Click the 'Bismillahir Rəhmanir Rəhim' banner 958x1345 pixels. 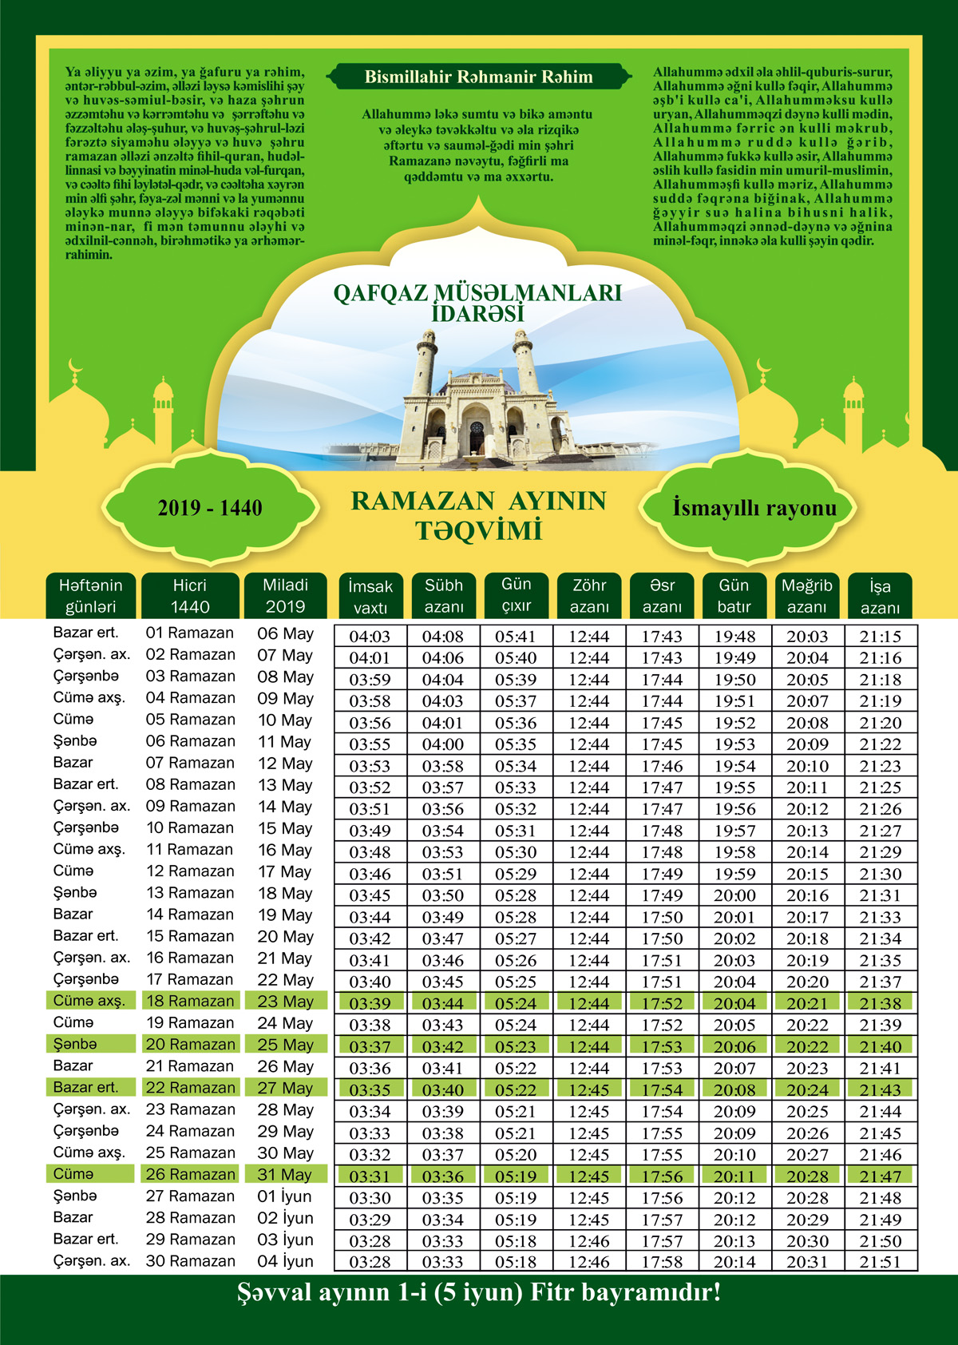tap(478, 77)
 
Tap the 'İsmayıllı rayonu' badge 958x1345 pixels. tap(754, 508)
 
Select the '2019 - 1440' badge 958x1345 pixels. tap(210, 508)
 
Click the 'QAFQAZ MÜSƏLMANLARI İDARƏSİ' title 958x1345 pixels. tap(477, 303)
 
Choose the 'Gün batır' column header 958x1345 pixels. tap(734, 596)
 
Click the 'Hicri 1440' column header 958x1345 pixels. tap(190, 596)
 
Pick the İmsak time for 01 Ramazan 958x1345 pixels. tap(370, 637)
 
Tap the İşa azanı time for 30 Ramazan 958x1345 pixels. tap(880, 1262)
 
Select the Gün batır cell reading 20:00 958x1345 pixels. tap(734, 895)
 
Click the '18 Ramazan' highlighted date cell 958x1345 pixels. tap(190, 1002)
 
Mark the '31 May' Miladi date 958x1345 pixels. tap(285, 1175)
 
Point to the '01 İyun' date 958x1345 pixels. tap(285, 1196)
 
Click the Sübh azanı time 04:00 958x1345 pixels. tap(443, 744)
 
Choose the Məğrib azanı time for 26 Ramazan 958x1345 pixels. tap(807, 1176)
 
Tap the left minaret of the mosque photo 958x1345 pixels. tap(425, 363)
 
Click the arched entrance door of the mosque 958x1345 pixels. tap(477, 438)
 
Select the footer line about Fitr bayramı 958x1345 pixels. tap(479, 1293)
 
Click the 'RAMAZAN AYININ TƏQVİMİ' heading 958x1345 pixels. tap(478, 515)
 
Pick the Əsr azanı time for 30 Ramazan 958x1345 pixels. tap(662, 1262)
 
